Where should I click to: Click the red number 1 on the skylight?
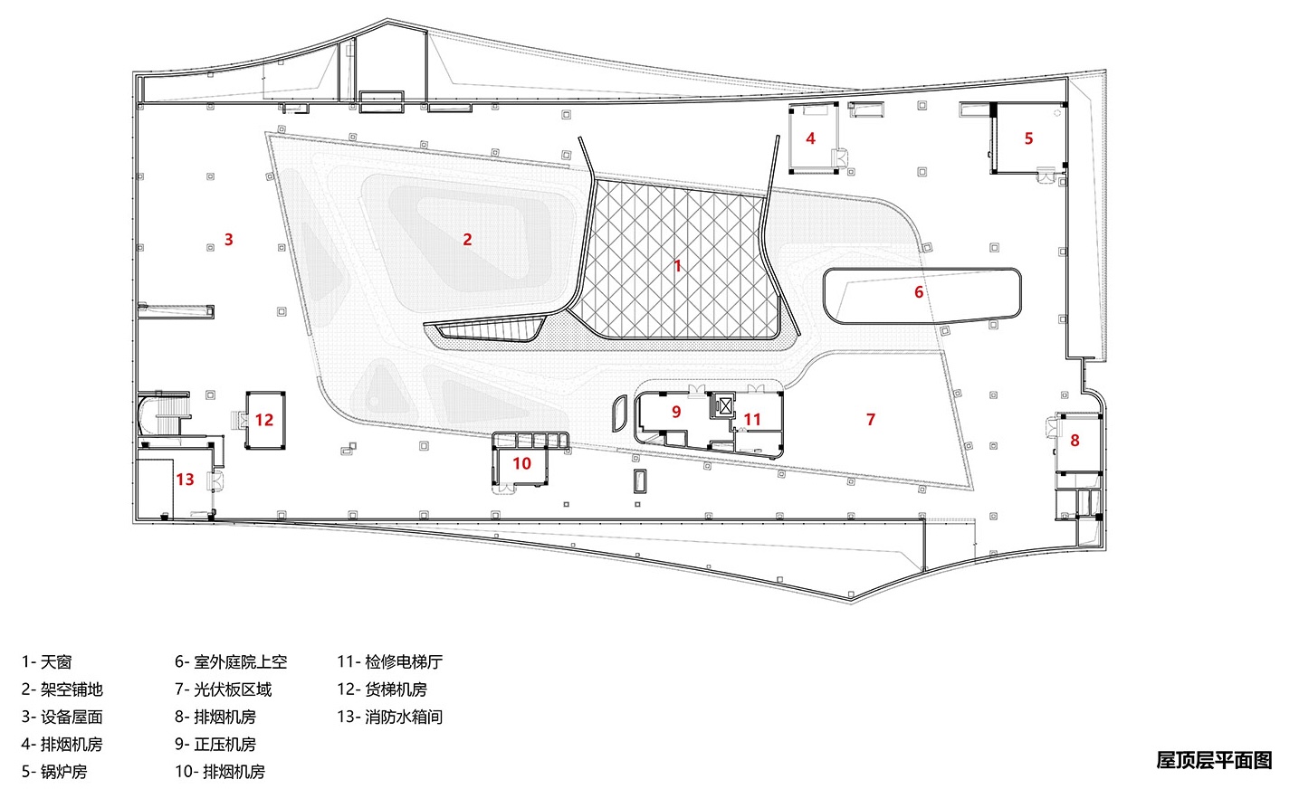677,266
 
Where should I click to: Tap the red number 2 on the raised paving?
467,240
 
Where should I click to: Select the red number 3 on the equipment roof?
229,240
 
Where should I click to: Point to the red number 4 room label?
810,138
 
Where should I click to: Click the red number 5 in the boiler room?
1028,138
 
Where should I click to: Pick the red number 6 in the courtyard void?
919,292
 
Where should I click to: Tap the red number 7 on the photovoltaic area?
871,420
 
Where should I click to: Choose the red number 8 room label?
1075,441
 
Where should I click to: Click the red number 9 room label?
676,412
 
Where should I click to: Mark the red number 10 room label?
522,464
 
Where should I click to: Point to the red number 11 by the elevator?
752,420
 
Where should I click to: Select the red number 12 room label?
264,420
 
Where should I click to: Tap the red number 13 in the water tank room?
186,480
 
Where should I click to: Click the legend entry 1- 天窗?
47,662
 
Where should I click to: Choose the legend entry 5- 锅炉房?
54,772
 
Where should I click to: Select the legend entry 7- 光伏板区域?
223,689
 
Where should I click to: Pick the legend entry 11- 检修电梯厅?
389,662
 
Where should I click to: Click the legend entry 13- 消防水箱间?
389,717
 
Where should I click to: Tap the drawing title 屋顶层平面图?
1214,760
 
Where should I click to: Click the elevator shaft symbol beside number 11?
724,406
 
